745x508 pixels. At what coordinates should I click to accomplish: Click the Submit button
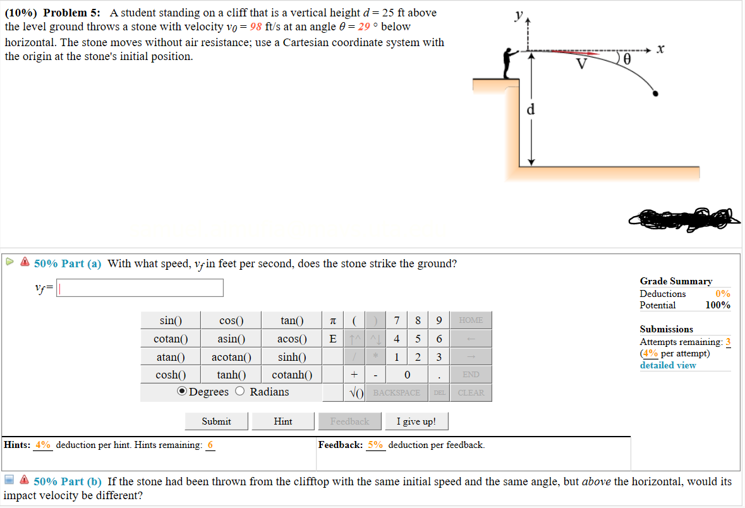click(x=216, y=421)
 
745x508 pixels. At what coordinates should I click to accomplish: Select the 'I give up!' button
click(x=416, y=421)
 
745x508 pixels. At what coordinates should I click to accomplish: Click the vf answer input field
click(x=140, y=288)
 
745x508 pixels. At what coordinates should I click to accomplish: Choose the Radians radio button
click(x=240, y=392)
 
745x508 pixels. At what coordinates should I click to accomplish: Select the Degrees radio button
click(x=182, y=392)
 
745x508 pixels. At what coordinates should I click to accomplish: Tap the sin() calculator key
click(x=171, y=320)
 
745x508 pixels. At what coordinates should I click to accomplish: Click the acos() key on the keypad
click(x=292, y=339)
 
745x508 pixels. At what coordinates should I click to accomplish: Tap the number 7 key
click(x=396, y=320)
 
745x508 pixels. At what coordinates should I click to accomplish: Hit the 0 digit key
click(x=408, y=375)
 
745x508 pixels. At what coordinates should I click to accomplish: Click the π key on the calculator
click(x=333, y=320)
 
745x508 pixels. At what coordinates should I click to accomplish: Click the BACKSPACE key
click(x=397, y=392)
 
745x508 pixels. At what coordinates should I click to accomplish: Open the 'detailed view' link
click(x=667, y=365)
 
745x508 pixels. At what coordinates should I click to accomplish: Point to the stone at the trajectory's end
click(x=656, y=94)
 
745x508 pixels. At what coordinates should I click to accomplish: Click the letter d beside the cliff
click(x=531, y=109)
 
